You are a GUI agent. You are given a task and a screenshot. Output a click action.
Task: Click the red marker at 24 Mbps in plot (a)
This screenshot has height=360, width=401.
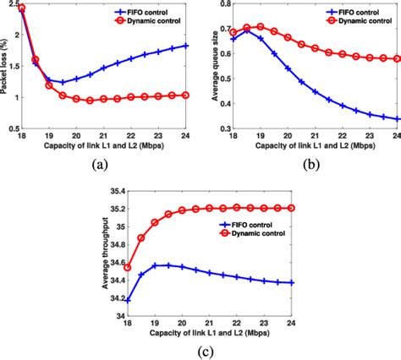186,95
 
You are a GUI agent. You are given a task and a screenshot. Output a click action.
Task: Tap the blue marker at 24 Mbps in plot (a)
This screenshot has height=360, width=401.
186,46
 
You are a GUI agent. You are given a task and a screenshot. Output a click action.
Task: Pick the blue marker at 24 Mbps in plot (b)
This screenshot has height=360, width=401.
398,119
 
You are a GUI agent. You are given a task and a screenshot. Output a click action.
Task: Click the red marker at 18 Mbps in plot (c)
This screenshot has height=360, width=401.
128,267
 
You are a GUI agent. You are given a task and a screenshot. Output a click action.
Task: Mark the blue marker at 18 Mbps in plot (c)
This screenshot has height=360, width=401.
128,299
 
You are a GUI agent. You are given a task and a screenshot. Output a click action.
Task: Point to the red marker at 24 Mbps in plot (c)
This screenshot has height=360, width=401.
293,207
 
